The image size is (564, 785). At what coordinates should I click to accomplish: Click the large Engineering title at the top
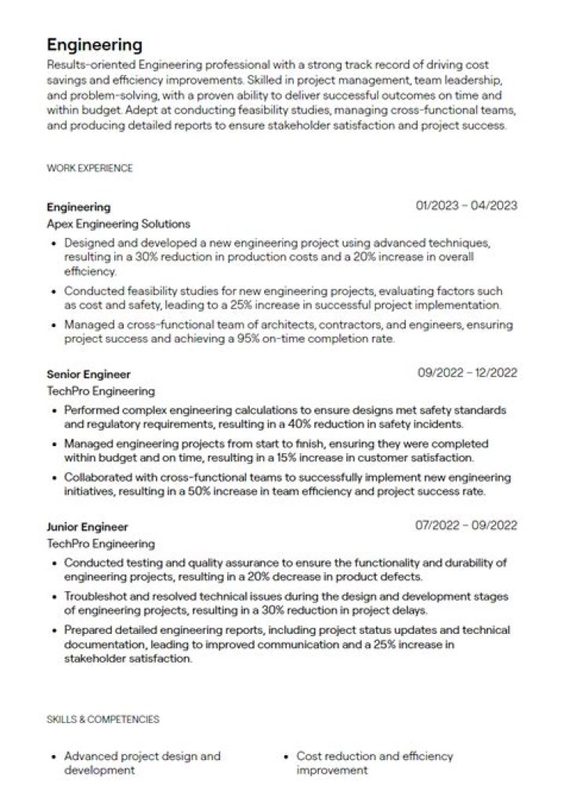pos(94,44)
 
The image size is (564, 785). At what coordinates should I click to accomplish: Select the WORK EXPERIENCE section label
pos(89,167)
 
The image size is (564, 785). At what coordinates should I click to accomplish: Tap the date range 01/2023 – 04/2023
pos(467,207)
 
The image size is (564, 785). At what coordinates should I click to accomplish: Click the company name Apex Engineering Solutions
pos(118,224)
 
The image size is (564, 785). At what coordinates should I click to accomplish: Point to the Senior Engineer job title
pos(89,374)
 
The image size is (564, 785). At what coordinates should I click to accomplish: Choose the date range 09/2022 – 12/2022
pos(467,373)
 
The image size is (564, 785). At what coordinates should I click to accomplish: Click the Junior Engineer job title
pos(87,527)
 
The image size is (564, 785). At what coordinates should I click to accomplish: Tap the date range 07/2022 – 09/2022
pos(467,526)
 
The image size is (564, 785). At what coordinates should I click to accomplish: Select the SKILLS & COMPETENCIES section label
pos(103,718)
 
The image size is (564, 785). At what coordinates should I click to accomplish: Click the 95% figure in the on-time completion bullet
pos(213,339)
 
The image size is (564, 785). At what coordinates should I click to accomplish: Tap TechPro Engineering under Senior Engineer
pos(101,391)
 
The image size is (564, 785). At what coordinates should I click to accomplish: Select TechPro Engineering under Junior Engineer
pos(101,543)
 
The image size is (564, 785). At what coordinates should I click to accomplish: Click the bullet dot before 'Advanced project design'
pos(52,758)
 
